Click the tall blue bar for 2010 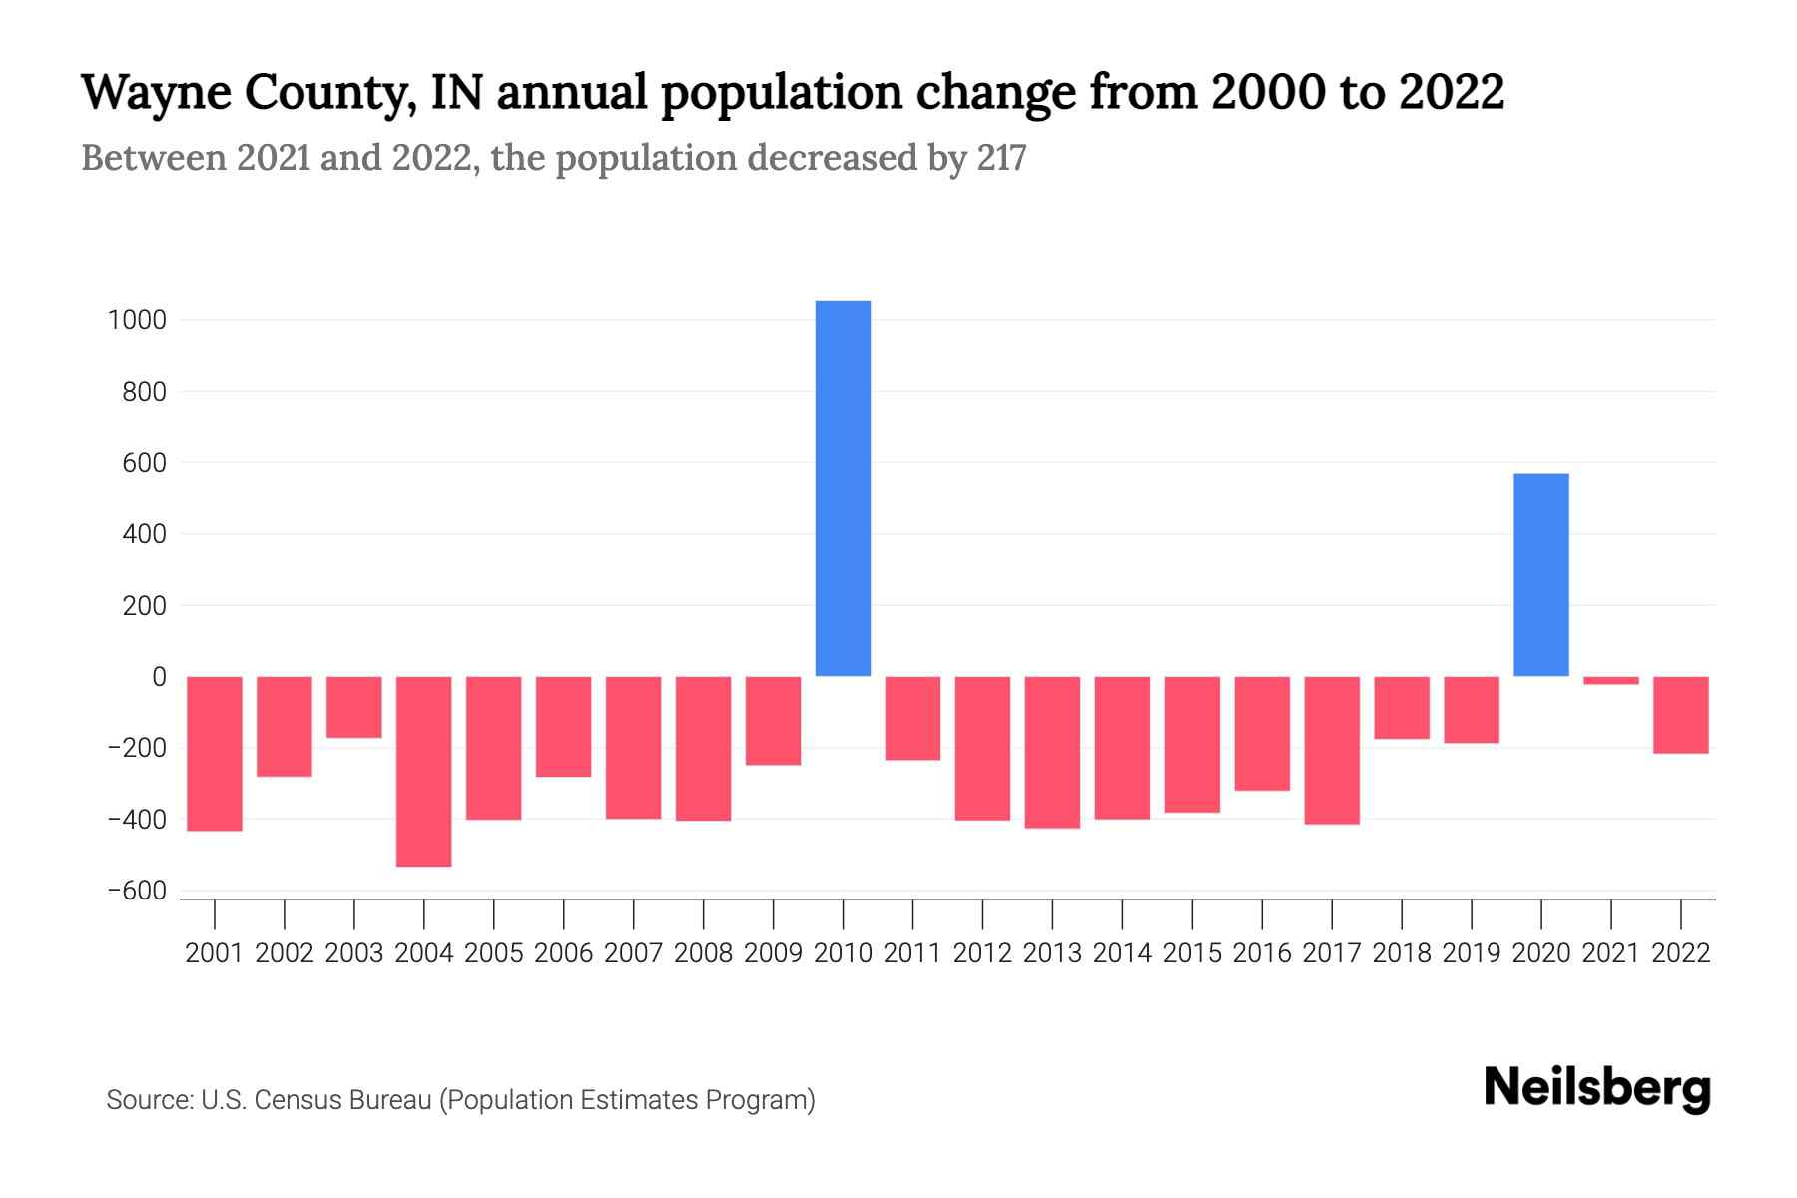843,489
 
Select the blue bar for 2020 1540,575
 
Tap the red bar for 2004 423,771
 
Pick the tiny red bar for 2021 1610,681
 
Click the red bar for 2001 215,754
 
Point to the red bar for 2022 1680,715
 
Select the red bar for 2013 1052,752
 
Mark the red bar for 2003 354,707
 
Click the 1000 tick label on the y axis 138,321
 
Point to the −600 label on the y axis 137,891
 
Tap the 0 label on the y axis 159,677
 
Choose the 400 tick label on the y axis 145,535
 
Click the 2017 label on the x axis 1331,953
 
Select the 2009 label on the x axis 773,953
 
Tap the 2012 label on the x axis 982,953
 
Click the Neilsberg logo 1597,1088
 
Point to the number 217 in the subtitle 1002,158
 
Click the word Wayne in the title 156,93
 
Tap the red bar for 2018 1401,708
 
